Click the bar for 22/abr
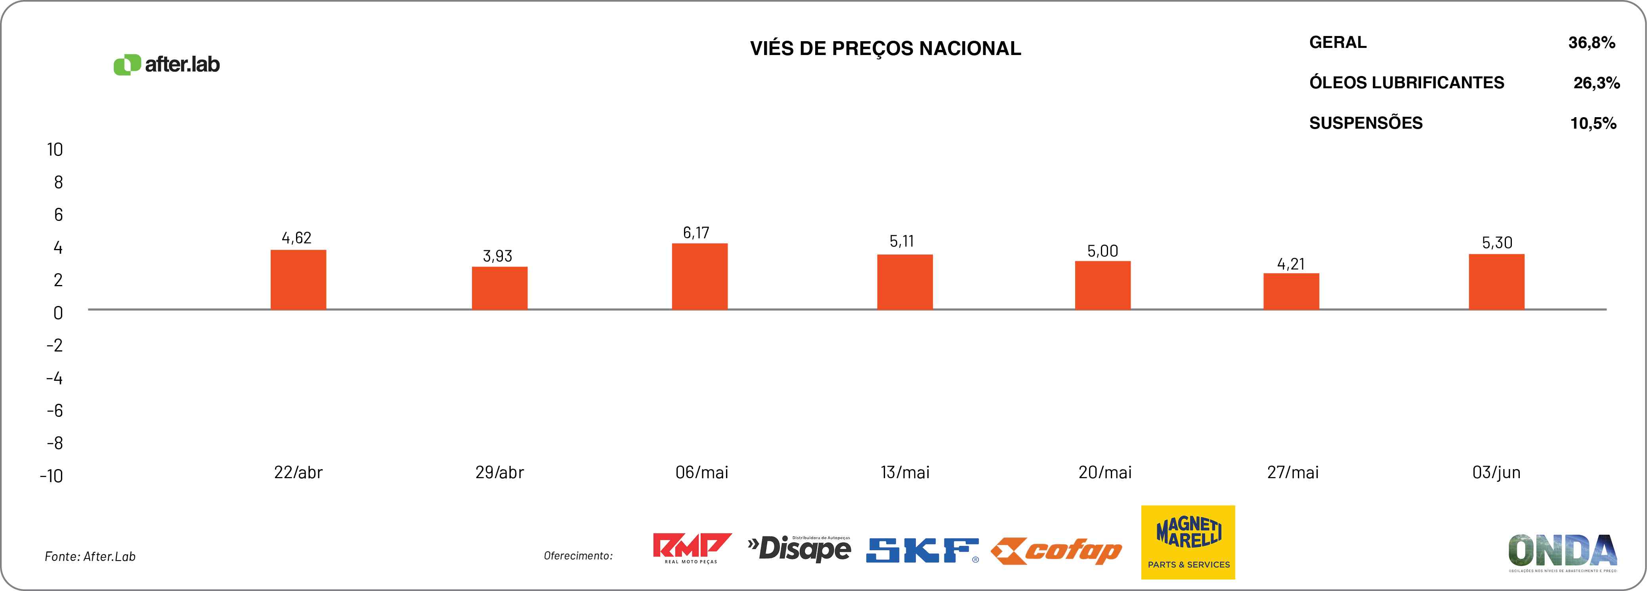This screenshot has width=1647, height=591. (298, 280)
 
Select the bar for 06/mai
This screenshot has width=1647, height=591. (699, 277)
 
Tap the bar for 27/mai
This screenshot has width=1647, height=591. (1291, 291)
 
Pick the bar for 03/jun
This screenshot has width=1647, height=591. (1496, 282)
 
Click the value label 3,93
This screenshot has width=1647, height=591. (497, 256)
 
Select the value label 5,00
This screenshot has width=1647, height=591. (1102, 251)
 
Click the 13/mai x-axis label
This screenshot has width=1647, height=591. (905, 473)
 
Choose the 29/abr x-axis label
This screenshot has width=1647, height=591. (499, 473)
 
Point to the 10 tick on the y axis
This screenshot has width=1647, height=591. (55, 150)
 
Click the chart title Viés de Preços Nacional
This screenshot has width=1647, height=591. (885, 49)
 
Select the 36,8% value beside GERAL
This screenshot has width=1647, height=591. (1592, 43)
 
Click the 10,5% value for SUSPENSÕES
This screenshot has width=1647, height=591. (1593, 124)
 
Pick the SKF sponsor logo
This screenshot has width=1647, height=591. (922, 550)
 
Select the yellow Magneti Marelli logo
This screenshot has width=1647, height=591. (1188, 542)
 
